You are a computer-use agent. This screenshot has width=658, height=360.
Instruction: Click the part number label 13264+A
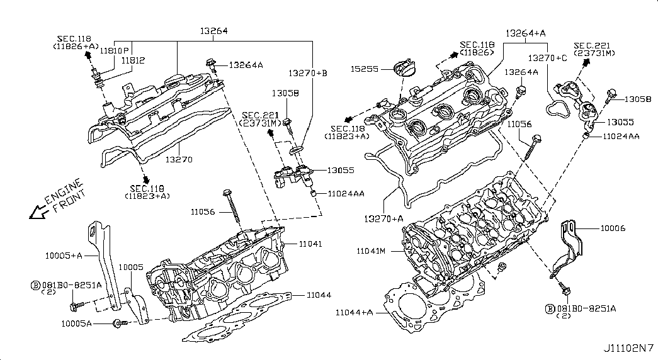tap(525, 33)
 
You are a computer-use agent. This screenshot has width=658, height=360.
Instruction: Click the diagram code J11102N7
tap(628, 348)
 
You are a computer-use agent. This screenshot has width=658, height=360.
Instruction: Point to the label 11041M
tap(370, 251)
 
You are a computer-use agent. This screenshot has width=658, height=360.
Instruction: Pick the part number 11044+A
tap(354, 312)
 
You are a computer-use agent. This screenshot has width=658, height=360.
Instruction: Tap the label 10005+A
tap(64, 255)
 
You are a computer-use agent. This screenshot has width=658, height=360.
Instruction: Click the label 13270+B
tap(308, 73)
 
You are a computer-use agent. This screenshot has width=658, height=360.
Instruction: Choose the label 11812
tap(133, 60)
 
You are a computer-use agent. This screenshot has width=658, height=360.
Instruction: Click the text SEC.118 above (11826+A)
tap(74, 39)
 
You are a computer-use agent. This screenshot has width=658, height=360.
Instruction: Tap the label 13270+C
tap(547, 59)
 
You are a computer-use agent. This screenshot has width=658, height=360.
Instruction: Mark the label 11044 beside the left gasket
tap(319, 295)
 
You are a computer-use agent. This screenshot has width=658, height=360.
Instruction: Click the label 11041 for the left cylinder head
tap(310, 244)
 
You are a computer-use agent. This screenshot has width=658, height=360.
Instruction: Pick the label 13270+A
tap(383, 218)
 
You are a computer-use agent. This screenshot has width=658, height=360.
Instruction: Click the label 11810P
tap(114, 50)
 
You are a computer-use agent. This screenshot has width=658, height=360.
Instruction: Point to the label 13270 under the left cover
tap(179, 159)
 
